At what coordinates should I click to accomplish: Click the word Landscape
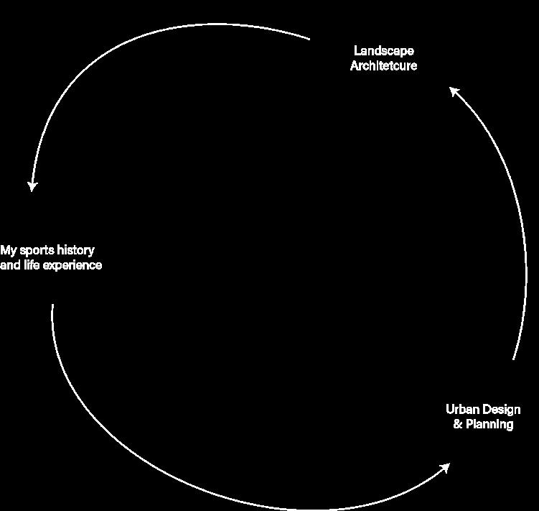(x=384, y=51)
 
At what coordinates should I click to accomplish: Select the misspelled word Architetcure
(x=384, y=66)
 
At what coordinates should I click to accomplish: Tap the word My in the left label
(x=8, y=251)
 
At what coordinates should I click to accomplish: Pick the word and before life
(x=10, y=265)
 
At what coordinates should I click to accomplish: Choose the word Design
(x=501, y=410)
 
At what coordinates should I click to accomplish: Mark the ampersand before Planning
(x=457, y=425)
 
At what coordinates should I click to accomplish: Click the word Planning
(x=489, y=425)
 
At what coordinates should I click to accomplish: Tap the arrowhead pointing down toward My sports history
(x=32, y=185)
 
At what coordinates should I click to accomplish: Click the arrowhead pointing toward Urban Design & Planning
(x=444, y=469)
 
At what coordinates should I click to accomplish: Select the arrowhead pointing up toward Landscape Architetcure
(x=454, y=91)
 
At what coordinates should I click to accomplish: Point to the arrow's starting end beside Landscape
(x=309, y=39)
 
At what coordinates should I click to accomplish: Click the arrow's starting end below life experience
(x=52, y=305)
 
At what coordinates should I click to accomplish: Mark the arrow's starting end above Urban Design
(x=514, y=358)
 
